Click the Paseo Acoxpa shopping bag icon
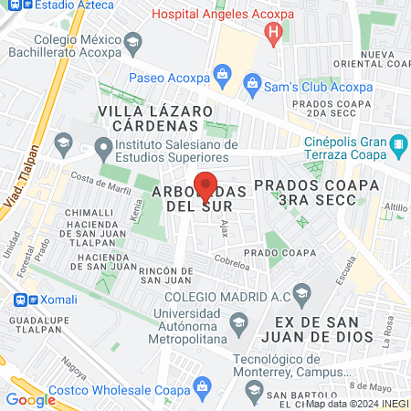[x=220, y=72]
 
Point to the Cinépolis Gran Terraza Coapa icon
[x=397, y=143]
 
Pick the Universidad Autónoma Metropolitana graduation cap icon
[x=238, y=321]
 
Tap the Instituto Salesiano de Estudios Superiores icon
[x=102, y=145]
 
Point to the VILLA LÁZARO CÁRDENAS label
[x=148, y=117]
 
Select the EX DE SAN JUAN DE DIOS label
[x=323, y=329]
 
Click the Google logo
[x=30, y=399]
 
